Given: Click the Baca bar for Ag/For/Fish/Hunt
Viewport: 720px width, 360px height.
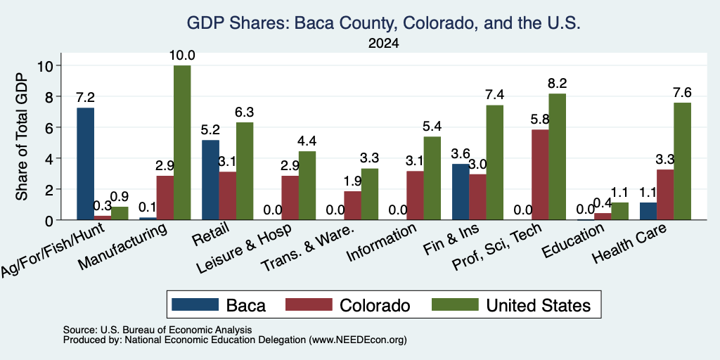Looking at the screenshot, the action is click(x=85, y=164).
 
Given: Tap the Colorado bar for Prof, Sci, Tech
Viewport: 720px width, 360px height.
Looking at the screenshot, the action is click(x=540, y=175).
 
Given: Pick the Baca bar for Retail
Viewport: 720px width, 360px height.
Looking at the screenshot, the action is click(x=211, y=180).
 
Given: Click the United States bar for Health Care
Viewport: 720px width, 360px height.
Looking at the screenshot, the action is click(x=682, y=161).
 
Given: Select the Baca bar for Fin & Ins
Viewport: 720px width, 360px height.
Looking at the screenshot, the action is click(x=461, y=192).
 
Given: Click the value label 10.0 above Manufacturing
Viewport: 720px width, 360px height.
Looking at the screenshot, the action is click(x=182, y=56).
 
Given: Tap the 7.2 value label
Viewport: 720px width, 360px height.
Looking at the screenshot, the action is click(x=85, y=97).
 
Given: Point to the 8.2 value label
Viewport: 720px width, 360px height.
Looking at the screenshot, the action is click(x=557, y=83).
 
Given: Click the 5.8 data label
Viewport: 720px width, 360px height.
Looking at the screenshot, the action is click(x=540, y=120).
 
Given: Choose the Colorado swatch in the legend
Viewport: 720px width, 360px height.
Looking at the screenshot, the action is click(x=309, y=304).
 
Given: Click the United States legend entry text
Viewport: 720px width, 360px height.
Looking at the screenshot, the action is click(x=538, y=305).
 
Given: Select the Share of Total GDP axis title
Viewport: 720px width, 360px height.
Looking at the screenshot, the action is click(x=22, y=136).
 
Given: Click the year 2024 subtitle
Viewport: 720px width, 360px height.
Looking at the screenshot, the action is click(x=383, y=44).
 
